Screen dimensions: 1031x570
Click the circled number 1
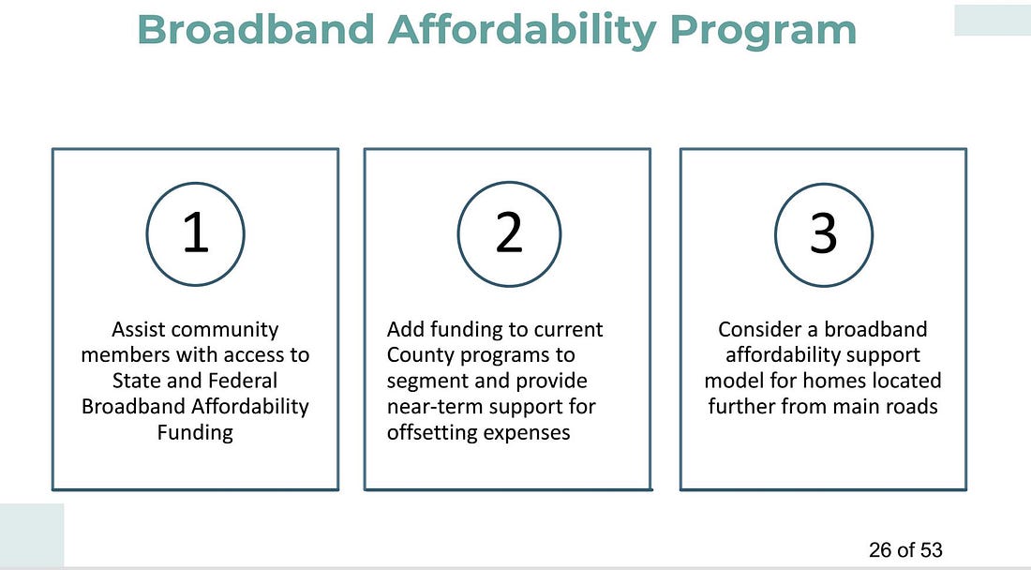pos(195,233)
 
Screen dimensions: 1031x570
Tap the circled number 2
pos(509,233)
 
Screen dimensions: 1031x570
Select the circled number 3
pos(823,234)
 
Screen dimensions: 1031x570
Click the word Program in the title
pos(763,30)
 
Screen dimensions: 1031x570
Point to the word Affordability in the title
pos(522,30)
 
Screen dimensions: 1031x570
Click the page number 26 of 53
pos(905,549)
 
